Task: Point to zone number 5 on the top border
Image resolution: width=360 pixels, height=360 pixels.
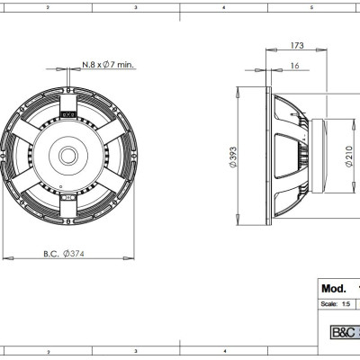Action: tap(310, 5)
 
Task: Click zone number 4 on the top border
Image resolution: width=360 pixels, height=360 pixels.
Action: tap(222, 5)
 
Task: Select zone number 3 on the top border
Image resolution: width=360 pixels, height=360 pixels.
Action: tap(134, 5)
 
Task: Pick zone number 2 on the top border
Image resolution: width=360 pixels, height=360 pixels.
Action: tap(47, 5)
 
